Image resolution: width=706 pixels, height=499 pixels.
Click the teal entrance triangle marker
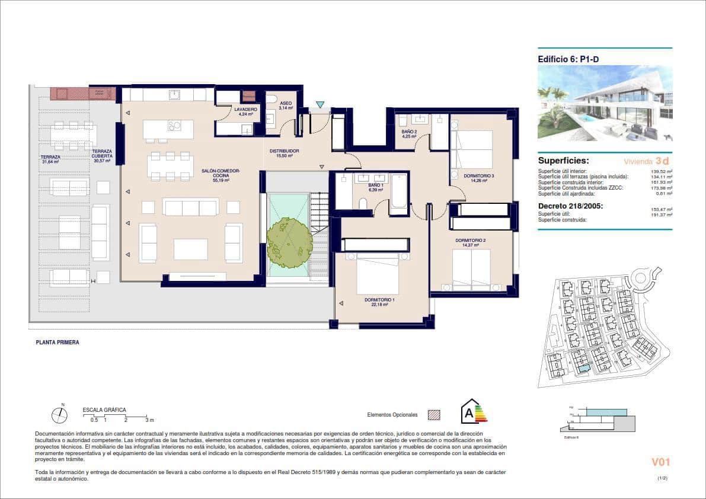click(x=320, y=105)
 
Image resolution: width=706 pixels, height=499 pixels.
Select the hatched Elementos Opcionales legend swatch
click(x=434, y=415)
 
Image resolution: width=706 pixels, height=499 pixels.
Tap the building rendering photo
click(x=605, y=103)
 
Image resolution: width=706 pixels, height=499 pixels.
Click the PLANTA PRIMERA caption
click(x=57, y=343)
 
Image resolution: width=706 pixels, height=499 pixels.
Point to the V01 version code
click(x=660, y=462)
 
